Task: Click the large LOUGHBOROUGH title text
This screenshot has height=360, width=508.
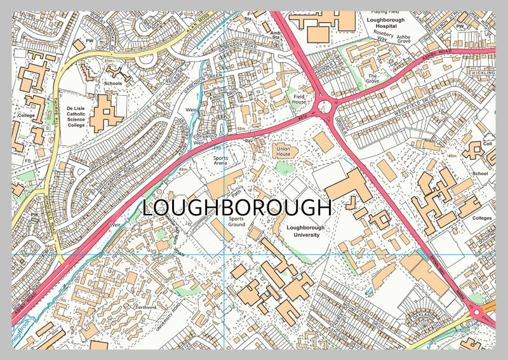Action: pyautogui.click(x=236, y=208)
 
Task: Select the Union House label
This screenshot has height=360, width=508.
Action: pyautogui.click(x=283, y=151)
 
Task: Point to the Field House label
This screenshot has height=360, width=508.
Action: pyautogui.click(x=298, y=98)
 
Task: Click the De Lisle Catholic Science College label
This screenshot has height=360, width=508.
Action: pyautogui.click(x=84, y=117)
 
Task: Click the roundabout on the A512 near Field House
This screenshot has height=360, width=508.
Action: pyautogui.click(x=326, y=107)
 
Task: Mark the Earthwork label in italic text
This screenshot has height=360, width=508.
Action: pyautogui.click(x=145, y=307)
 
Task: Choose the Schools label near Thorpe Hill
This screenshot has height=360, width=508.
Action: pyautogui.click(x=112, y=83)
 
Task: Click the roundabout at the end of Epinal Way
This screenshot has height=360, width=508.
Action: pyautogui.click(x=477, y=310)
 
